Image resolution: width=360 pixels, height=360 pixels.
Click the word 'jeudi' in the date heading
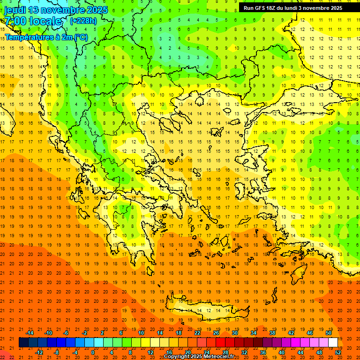click(15, 10)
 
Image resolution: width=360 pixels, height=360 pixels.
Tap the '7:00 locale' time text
click(33, 21)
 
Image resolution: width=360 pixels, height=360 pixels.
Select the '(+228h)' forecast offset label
click(83, 21)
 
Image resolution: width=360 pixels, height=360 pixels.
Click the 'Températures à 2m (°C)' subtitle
click(46, 37)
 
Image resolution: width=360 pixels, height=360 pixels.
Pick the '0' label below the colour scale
click(93, 352)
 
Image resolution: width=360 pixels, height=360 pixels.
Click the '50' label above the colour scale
click(328, 333)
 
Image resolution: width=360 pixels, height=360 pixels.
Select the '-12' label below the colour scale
click(39, 352)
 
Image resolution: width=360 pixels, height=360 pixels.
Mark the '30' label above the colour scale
click(234, 333)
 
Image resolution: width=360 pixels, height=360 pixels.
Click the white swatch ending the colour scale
click(333, 343)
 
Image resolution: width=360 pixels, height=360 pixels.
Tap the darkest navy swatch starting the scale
click(23, 343)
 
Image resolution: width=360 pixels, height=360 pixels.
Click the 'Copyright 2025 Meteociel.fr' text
click(199, 357)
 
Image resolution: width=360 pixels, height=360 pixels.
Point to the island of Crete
click(206, 310)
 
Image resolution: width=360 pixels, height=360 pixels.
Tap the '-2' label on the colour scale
click(85, 333)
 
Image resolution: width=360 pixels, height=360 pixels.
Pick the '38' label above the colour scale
click(272, 333)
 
